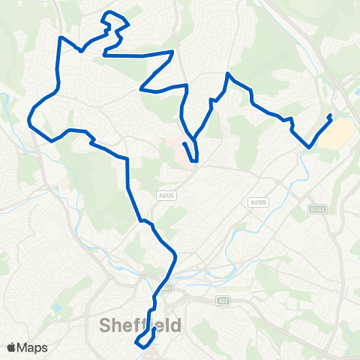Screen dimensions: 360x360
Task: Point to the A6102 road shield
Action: point(316,209)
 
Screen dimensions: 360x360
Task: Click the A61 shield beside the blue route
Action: point(167,287)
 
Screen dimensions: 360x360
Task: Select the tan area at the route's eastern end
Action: point(338,133)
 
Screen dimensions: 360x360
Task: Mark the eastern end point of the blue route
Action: point(331,115)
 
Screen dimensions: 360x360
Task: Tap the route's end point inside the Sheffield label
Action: point(154,328)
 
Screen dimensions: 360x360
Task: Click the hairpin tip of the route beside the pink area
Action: point(195,160)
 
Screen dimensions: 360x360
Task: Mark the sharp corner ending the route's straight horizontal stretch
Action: point(174,52)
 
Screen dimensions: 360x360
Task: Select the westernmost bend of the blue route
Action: point(29,118)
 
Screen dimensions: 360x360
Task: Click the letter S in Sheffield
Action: point(106,325)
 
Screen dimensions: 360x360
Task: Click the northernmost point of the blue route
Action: point(112,12)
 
